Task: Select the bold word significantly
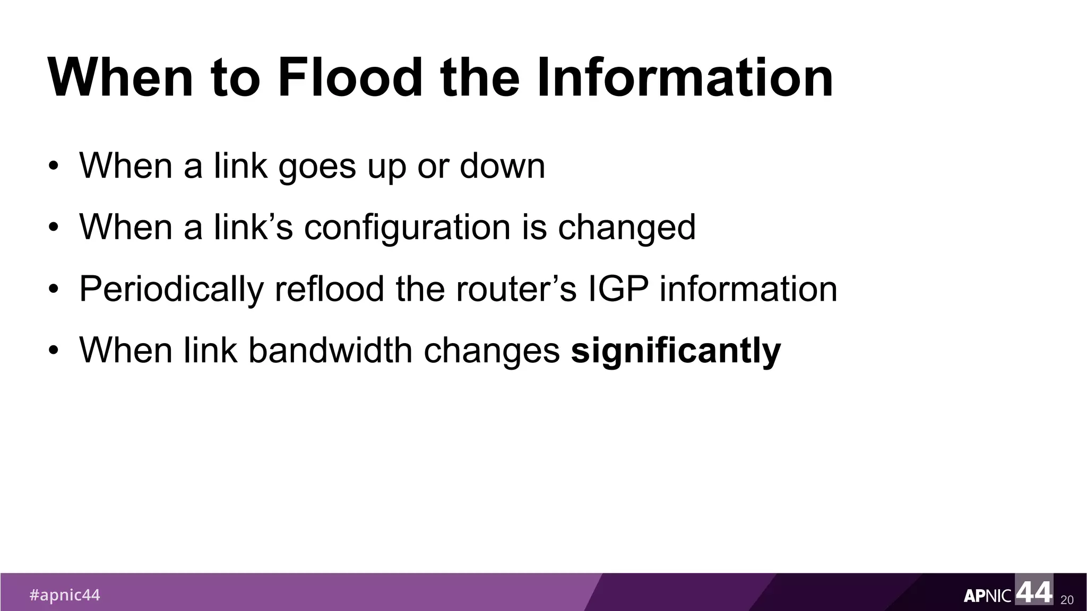pos(676,351)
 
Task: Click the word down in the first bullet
pos(502,166)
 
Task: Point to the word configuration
pos(407,228)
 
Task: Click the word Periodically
pos(171,290)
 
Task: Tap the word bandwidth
pos(330,351)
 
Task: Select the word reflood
pos(329,290)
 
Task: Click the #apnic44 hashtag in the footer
pos(64,595)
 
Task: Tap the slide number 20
pos(1067,600)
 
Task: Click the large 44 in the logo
pos(1033,591)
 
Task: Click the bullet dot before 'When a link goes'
pos(53,167)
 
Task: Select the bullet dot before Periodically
pos(53,291)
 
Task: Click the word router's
pos(516,290)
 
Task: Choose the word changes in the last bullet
pos(491,351)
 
